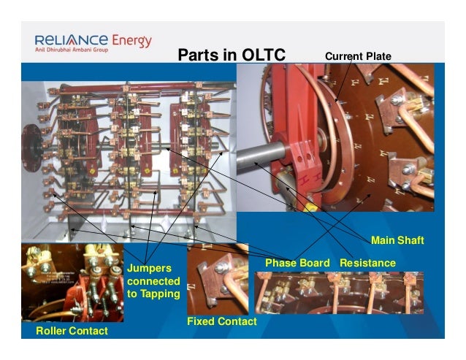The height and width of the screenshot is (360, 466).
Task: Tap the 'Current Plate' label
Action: pos(358,56)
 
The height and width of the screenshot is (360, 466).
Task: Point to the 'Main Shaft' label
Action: pos(397,240)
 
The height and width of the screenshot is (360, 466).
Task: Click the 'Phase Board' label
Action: pos(297,262)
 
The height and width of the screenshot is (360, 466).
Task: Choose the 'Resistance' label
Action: pos(367,262)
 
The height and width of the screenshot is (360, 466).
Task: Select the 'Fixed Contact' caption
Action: pos(221,321)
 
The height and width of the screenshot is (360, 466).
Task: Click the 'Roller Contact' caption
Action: pos(72,332)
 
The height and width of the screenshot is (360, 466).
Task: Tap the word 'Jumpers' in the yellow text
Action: pos(148,268)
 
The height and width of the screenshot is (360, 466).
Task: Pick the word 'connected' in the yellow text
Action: pos(152,281)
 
